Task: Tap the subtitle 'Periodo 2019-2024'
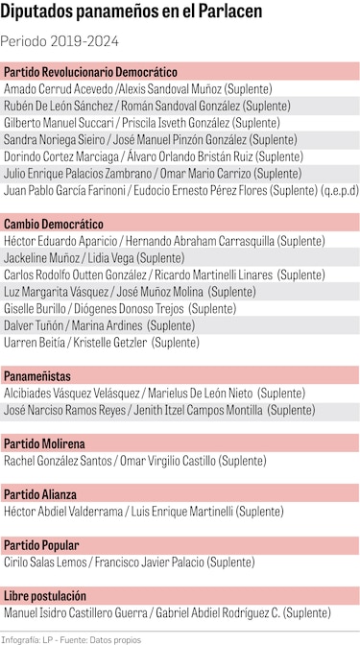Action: click(x=56, y=43)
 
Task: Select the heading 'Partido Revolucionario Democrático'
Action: click(x=91, y=72)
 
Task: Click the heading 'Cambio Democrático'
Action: click(x=54, y=223)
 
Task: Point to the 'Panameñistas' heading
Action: click(x=37, y=375)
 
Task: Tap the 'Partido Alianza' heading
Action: click(x=40, y=493)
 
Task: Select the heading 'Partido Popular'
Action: click(x=41, y=544)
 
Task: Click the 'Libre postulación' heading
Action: click(x=46, y=595)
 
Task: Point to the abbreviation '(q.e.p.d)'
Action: click(x=339, y=190)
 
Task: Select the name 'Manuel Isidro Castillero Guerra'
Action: click(x=75, y=612)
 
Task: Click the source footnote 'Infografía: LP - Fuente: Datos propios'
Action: click(x=71, y=637)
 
